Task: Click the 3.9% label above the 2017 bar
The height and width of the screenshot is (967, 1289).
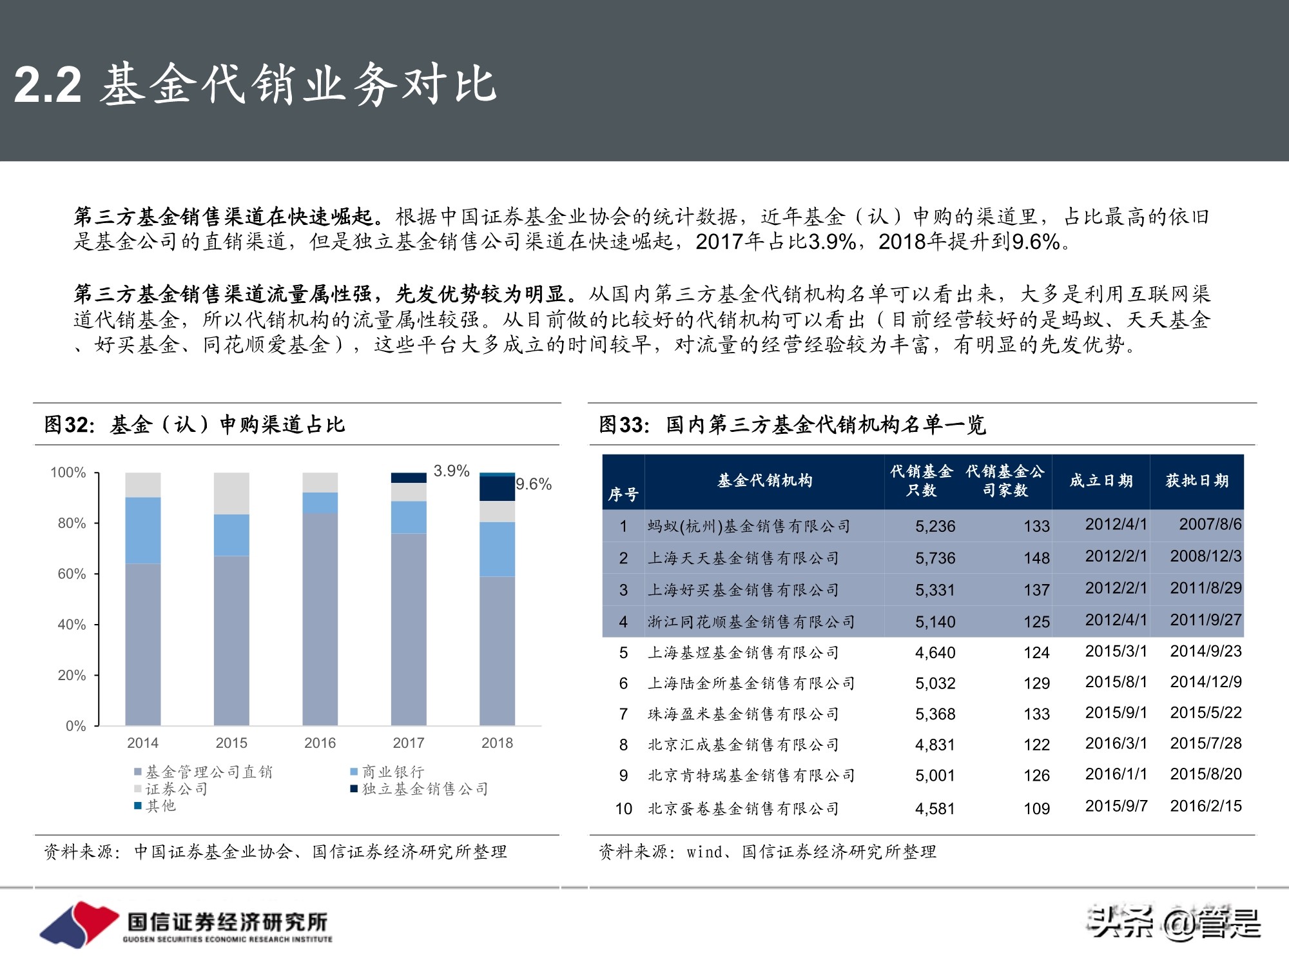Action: click(451, 471)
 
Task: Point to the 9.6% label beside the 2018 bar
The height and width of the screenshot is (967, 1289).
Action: click(534, 484)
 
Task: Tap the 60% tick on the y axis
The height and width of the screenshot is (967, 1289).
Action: click(72, 574)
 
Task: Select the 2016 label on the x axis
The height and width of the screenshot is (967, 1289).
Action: click(320, 743)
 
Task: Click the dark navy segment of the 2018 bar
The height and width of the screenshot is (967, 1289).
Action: click(497, 489)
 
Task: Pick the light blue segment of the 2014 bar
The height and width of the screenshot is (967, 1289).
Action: click(143, 530)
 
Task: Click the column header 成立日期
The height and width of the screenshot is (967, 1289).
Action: click(1101, 481)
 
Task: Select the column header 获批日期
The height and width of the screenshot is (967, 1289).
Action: click(1197, 481)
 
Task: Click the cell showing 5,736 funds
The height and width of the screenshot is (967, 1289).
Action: click(935, 558)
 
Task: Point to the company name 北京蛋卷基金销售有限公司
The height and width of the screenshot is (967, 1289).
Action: click(743, 808)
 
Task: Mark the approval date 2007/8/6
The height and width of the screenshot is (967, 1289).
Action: click(1210, 524)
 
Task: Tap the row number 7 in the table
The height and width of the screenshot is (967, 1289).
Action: click(623, 714)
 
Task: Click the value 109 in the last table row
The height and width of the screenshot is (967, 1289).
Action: click(1036, 809)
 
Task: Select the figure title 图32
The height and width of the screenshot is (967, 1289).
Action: click(69, 425)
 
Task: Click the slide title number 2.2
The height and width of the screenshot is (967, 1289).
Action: click(48, 84)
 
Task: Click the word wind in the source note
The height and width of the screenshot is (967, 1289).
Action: click(704, 852)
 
